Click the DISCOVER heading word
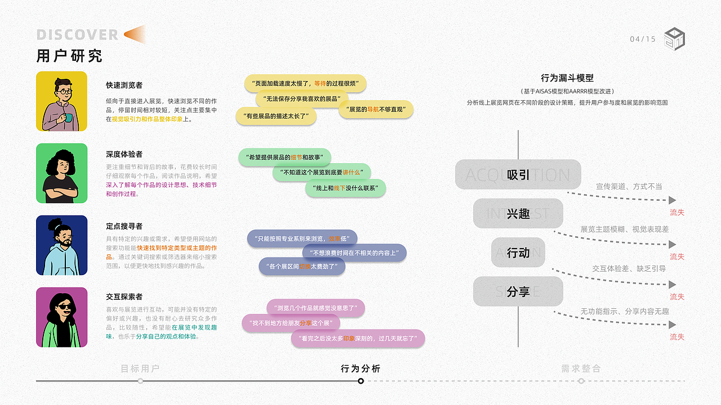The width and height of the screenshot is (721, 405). pos(77,35)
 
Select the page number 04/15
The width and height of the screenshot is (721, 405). pos(643,39)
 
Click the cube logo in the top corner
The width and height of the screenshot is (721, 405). pos(674,39)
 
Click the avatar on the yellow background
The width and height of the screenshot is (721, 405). pos(62,101)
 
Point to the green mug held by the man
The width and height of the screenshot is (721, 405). pos(68,118)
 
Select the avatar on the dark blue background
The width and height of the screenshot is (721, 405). pos(62,245)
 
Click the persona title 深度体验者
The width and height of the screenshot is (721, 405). pos(124,154)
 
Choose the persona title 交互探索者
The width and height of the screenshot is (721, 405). pos(124,296)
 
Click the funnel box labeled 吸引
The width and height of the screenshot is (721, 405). pos(518,174)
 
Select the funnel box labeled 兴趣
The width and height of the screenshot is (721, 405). pos(518,213)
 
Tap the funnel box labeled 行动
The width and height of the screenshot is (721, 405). pos(518,253)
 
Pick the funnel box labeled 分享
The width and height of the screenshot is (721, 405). pos(518,291)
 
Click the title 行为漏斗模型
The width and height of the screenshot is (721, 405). pos(567,78)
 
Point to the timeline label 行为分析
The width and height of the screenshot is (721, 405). pos(360,368)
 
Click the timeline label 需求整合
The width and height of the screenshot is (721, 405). pos(581,368)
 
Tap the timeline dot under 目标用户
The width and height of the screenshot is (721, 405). pos(140,381)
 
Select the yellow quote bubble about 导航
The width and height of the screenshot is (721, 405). pos(376,109)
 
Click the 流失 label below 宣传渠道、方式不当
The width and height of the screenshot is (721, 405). pos(677,213)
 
